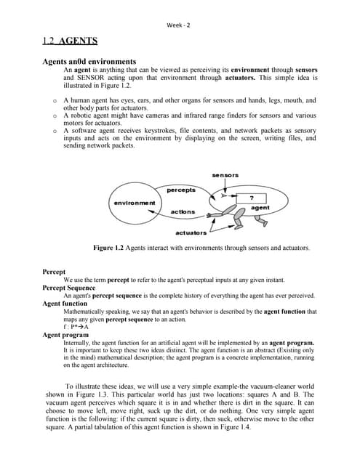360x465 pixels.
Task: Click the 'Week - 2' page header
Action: point(179,25)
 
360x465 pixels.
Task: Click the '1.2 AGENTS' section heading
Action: point(70,41)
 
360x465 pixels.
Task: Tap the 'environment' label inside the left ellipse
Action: point(134,202)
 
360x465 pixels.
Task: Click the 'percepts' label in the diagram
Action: point(182,190)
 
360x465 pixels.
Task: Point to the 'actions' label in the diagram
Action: point(182,211)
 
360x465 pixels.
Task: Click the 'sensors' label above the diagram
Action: point(225,175)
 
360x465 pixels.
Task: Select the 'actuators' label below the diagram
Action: point(191,232)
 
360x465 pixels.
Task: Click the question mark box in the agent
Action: point(252,198)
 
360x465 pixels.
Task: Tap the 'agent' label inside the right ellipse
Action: point(260,208)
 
